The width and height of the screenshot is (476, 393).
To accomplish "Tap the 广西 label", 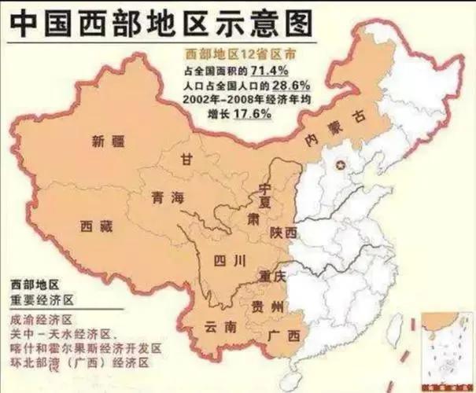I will [284, 336].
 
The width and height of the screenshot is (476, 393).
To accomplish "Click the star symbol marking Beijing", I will [341, 164].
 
